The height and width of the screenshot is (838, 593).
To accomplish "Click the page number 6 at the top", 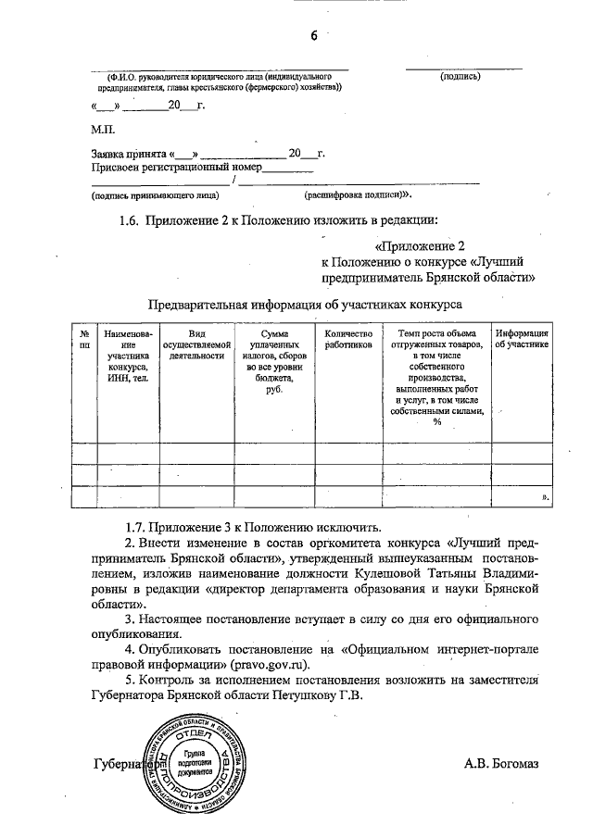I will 314,35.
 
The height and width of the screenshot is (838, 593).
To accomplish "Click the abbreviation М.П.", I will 103,131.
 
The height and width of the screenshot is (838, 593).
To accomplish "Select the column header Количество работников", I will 348,339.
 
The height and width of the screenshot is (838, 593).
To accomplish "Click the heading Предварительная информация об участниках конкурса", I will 305,305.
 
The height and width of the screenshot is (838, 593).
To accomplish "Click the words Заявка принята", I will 129,154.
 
